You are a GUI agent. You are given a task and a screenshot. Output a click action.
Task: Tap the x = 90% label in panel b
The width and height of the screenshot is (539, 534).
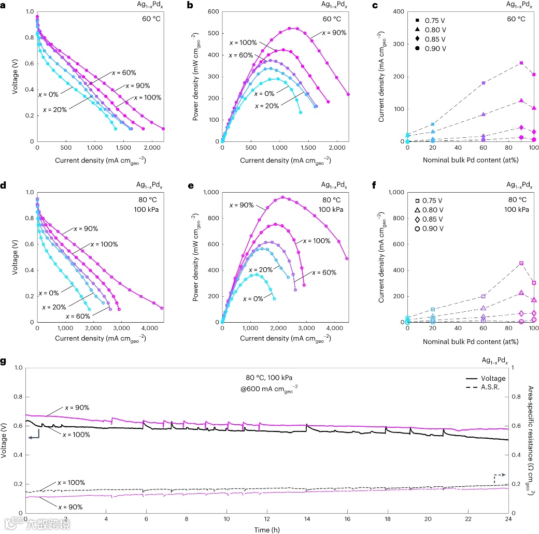(x=334, y=33)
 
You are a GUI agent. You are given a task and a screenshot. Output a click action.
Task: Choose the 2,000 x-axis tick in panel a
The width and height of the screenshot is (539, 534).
(x=151, y=148)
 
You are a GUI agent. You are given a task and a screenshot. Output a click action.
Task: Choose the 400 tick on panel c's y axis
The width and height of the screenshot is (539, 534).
(x=398, y=11)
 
